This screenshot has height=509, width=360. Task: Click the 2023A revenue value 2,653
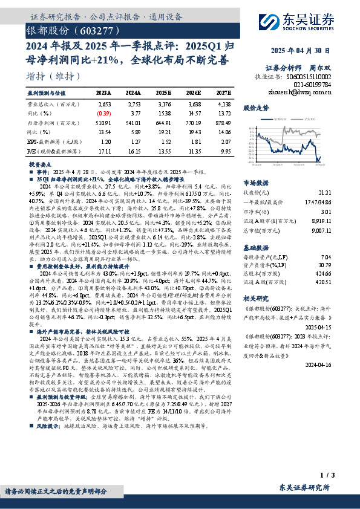104,104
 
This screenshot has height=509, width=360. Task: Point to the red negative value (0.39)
104,112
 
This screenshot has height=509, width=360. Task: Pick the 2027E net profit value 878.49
223,123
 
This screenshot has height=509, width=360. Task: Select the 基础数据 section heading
256,248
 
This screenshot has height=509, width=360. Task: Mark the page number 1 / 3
322,477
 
